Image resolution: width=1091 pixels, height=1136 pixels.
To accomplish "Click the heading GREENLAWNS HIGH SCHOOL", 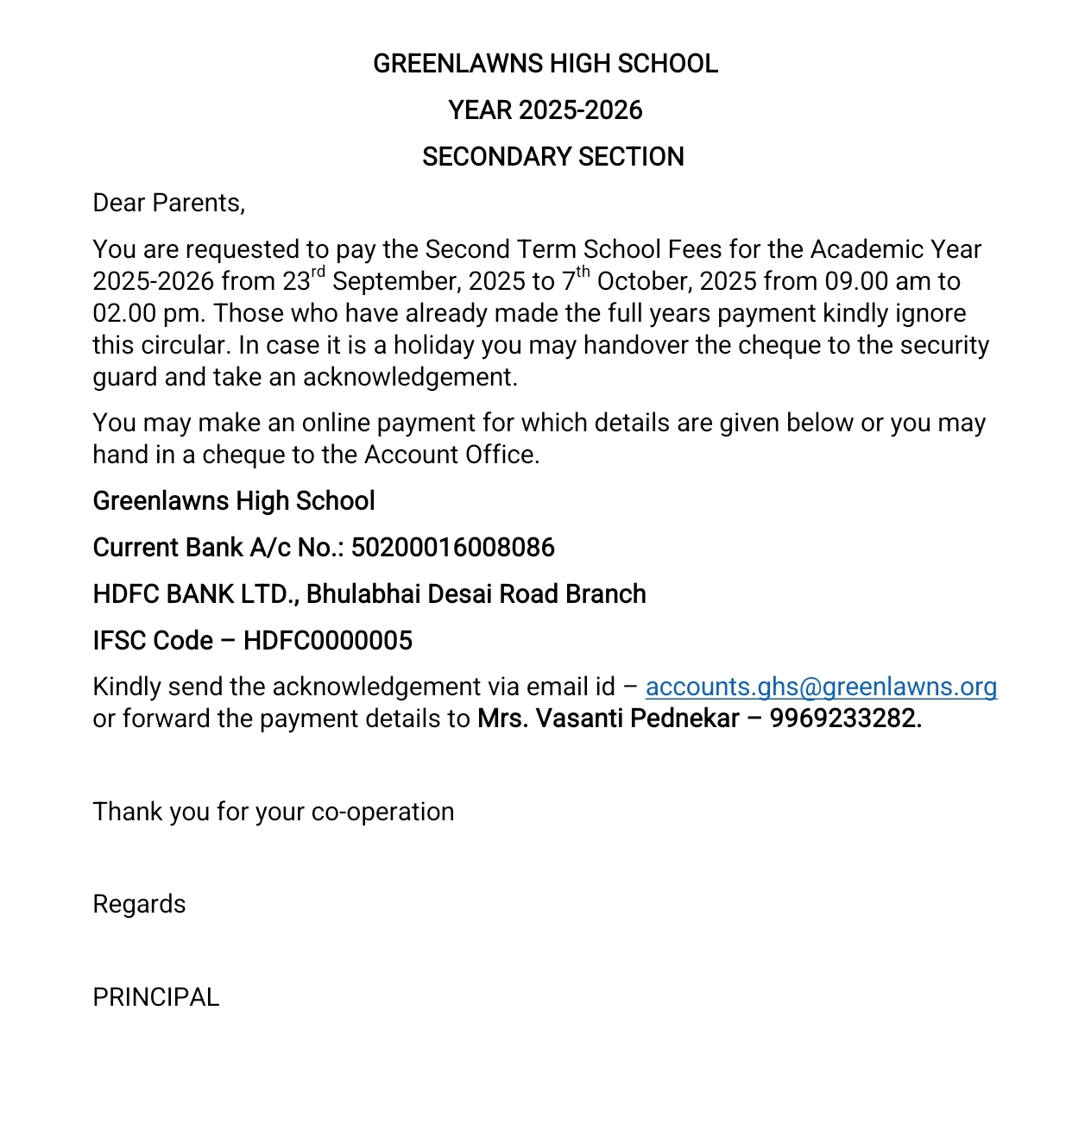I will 545,64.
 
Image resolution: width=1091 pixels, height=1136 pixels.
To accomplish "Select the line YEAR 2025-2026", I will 545,110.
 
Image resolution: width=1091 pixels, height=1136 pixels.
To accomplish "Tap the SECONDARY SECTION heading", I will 552,157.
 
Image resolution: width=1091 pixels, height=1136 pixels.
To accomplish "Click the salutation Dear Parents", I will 168,204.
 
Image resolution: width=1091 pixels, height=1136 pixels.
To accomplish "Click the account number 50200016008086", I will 452,548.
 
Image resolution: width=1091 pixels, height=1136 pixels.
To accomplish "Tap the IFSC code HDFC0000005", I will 328,641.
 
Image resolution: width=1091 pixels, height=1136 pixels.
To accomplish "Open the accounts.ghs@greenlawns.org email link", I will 821,687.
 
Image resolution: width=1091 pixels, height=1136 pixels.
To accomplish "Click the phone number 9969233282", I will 845,719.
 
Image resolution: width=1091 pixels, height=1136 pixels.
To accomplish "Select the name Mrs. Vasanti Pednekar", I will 608,719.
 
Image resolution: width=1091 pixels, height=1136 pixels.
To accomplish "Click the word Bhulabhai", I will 363,594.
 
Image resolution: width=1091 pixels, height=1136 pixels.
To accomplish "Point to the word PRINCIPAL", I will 155,998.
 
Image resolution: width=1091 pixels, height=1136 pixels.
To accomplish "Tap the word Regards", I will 139,905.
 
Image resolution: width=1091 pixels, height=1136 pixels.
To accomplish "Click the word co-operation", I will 382,813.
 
